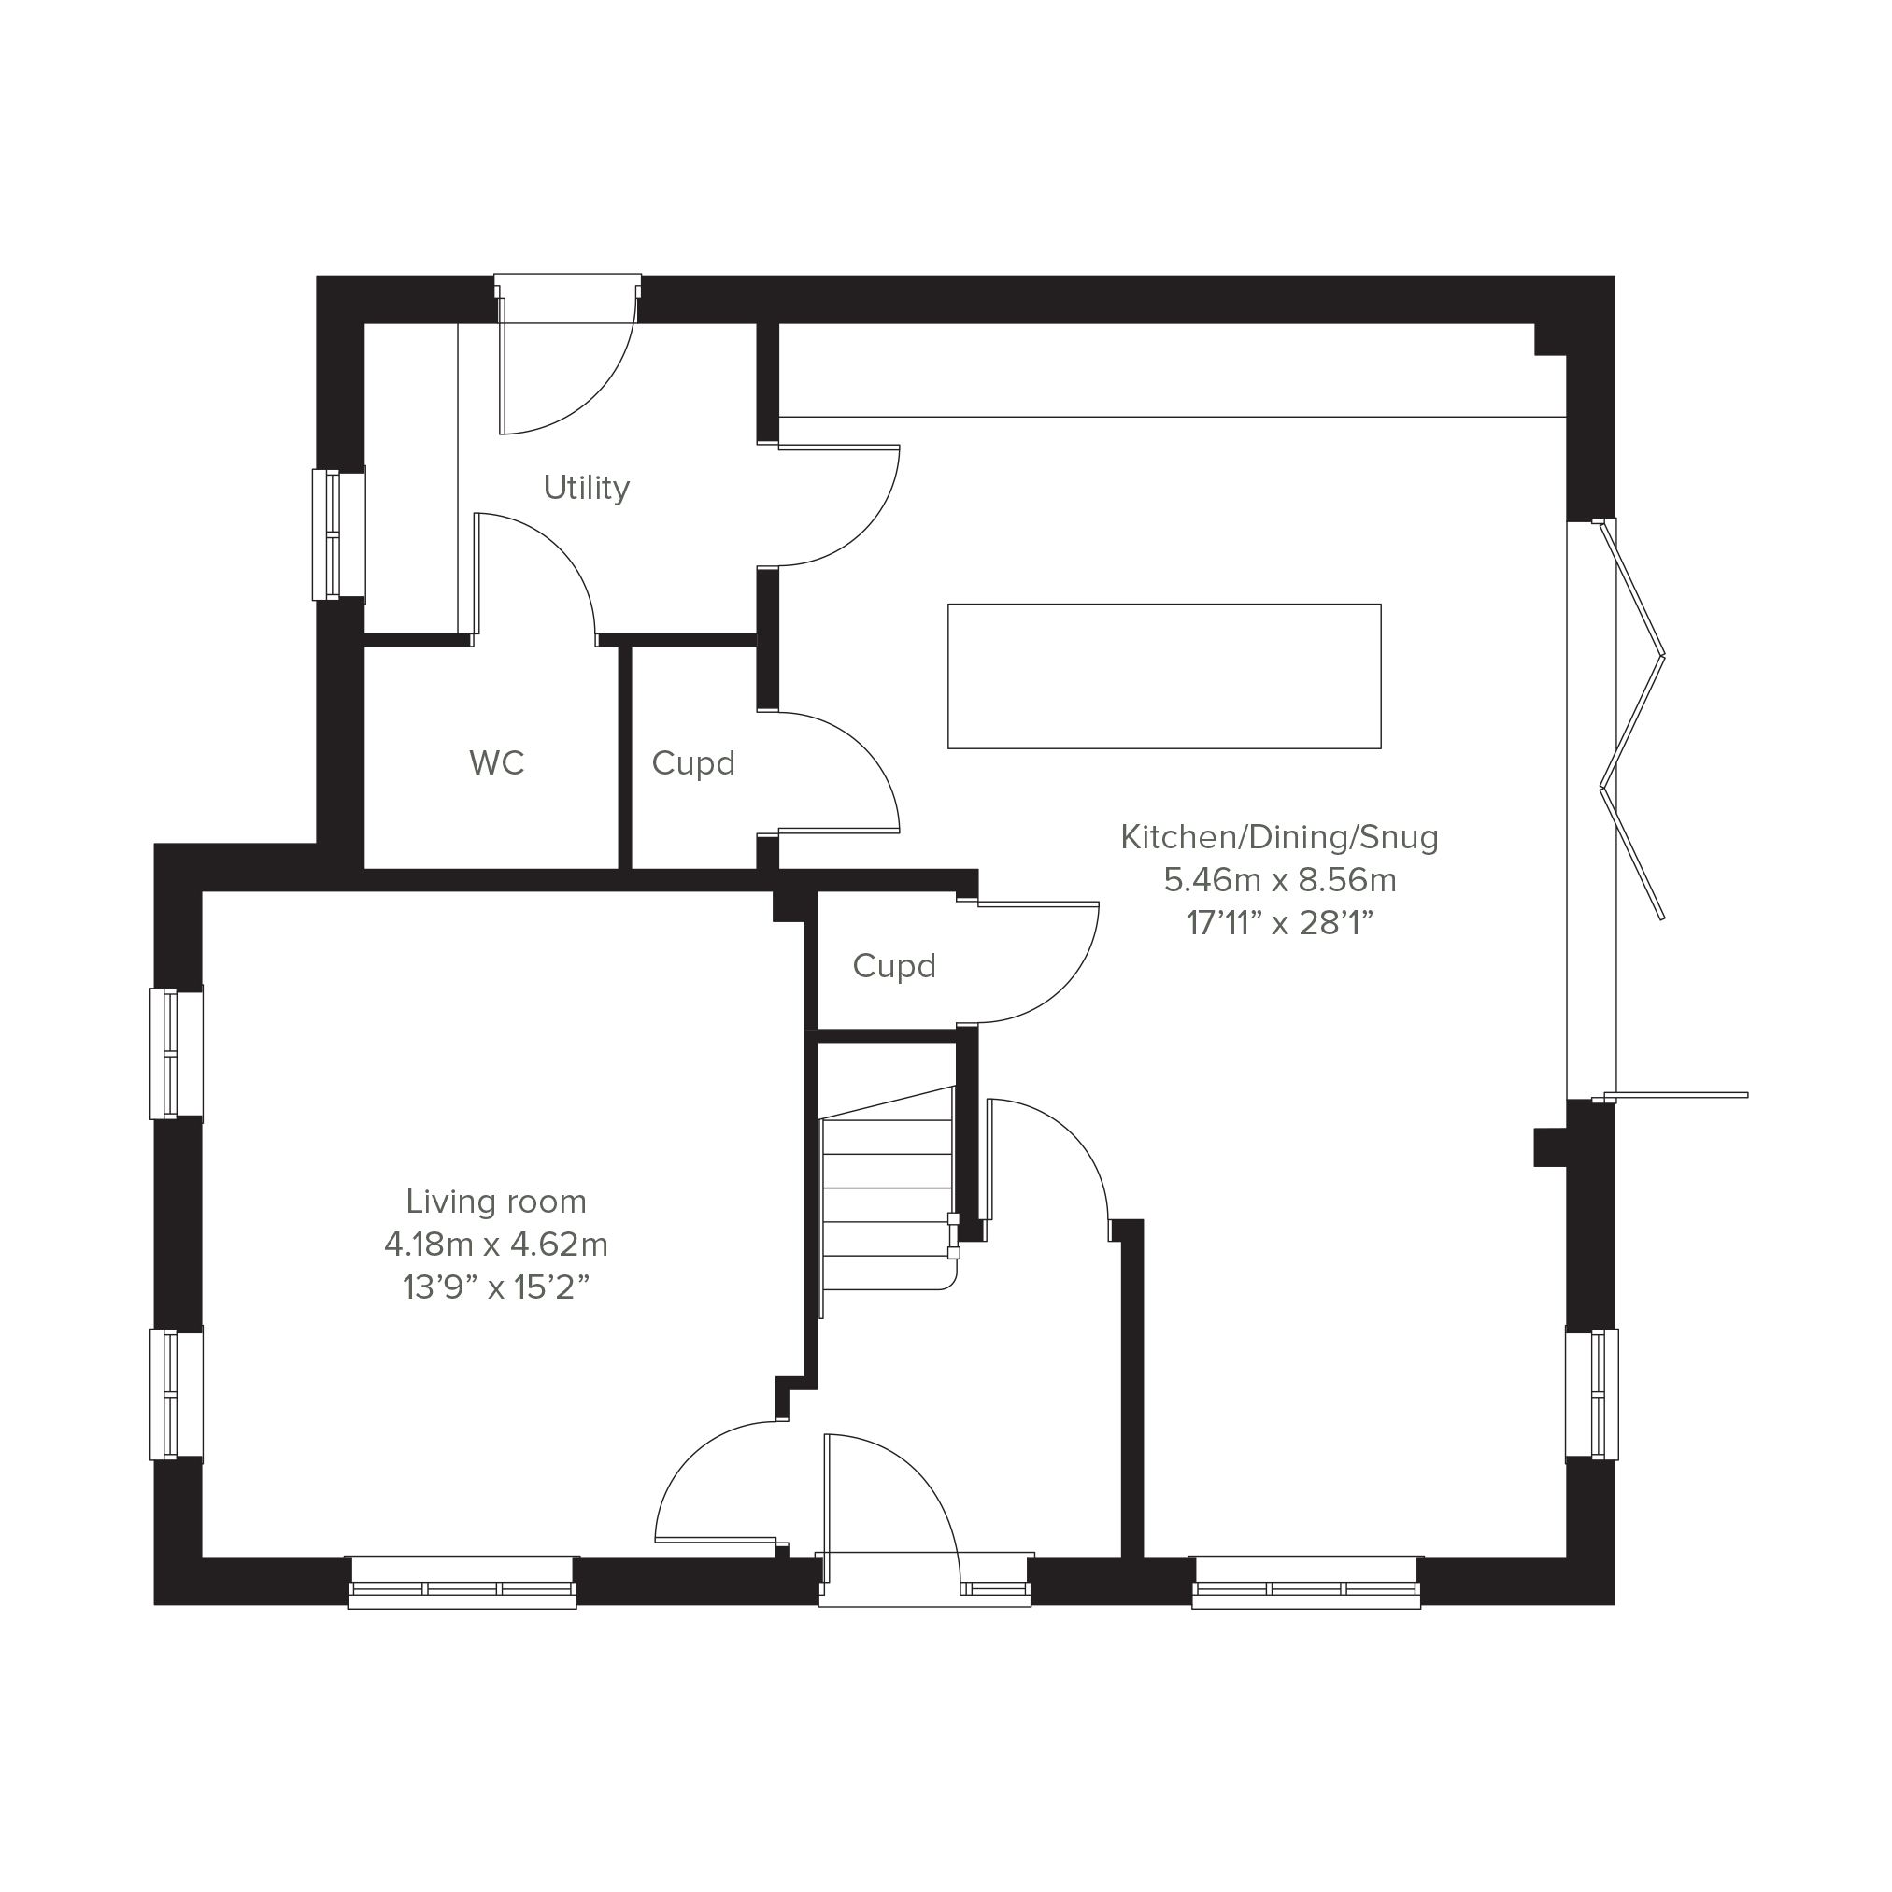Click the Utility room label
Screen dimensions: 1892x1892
click(587, 487)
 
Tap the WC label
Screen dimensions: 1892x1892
click(496, 761)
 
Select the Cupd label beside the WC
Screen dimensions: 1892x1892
click(693, 762)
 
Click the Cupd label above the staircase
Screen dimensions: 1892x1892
click(894, 965)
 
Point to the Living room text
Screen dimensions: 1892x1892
click(496, 1201)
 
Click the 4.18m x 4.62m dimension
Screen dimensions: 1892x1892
click(496, 1244)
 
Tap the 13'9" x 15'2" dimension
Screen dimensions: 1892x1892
click(496, 1287)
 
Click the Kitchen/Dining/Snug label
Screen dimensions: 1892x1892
click(1280, 836)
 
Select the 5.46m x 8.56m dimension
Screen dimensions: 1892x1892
click(1280, 879)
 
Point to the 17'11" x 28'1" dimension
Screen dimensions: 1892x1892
click(1280, 922)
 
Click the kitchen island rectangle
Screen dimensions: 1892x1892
click(1164, 676)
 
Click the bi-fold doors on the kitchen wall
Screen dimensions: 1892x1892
click(1632, 719)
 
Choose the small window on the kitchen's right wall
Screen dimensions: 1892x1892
click(1591, 1395)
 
